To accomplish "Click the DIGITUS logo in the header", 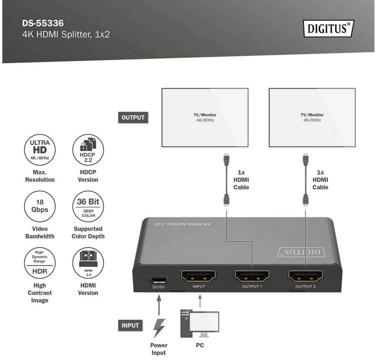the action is click(x=328, y=29).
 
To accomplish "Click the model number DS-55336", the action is click(x=42, y=23).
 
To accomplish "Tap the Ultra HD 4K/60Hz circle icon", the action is click(x=40, y=150).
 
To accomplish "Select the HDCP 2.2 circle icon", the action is click(x=88, y=150).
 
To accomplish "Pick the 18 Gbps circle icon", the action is click(x=40, y=206).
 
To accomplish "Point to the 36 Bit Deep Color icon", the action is click(x=88, y=206).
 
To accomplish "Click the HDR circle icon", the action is click(x=40, y=263).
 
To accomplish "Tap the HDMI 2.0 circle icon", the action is click(x=88, y=263).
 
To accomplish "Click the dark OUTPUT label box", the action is click(x=133, y=117).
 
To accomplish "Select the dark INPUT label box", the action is click(x=130, y=325).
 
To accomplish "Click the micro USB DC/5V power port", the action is click(x=159, y=279).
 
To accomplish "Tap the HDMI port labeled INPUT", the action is click(x=198, y=276).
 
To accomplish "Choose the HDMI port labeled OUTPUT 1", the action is click(x=252, y=276).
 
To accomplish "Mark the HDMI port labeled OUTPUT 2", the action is click(x=305, y=276).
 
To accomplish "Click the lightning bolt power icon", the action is click(x=159, y=328).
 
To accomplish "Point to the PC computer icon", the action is click(x=199, y=323).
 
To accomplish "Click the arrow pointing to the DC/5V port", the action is click(x=159, y=305).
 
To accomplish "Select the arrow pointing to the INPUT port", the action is click(x=200, y=301).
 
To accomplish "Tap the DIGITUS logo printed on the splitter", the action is click(x=301, y=252).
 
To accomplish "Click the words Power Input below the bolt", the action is click(x=159, y=349).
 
